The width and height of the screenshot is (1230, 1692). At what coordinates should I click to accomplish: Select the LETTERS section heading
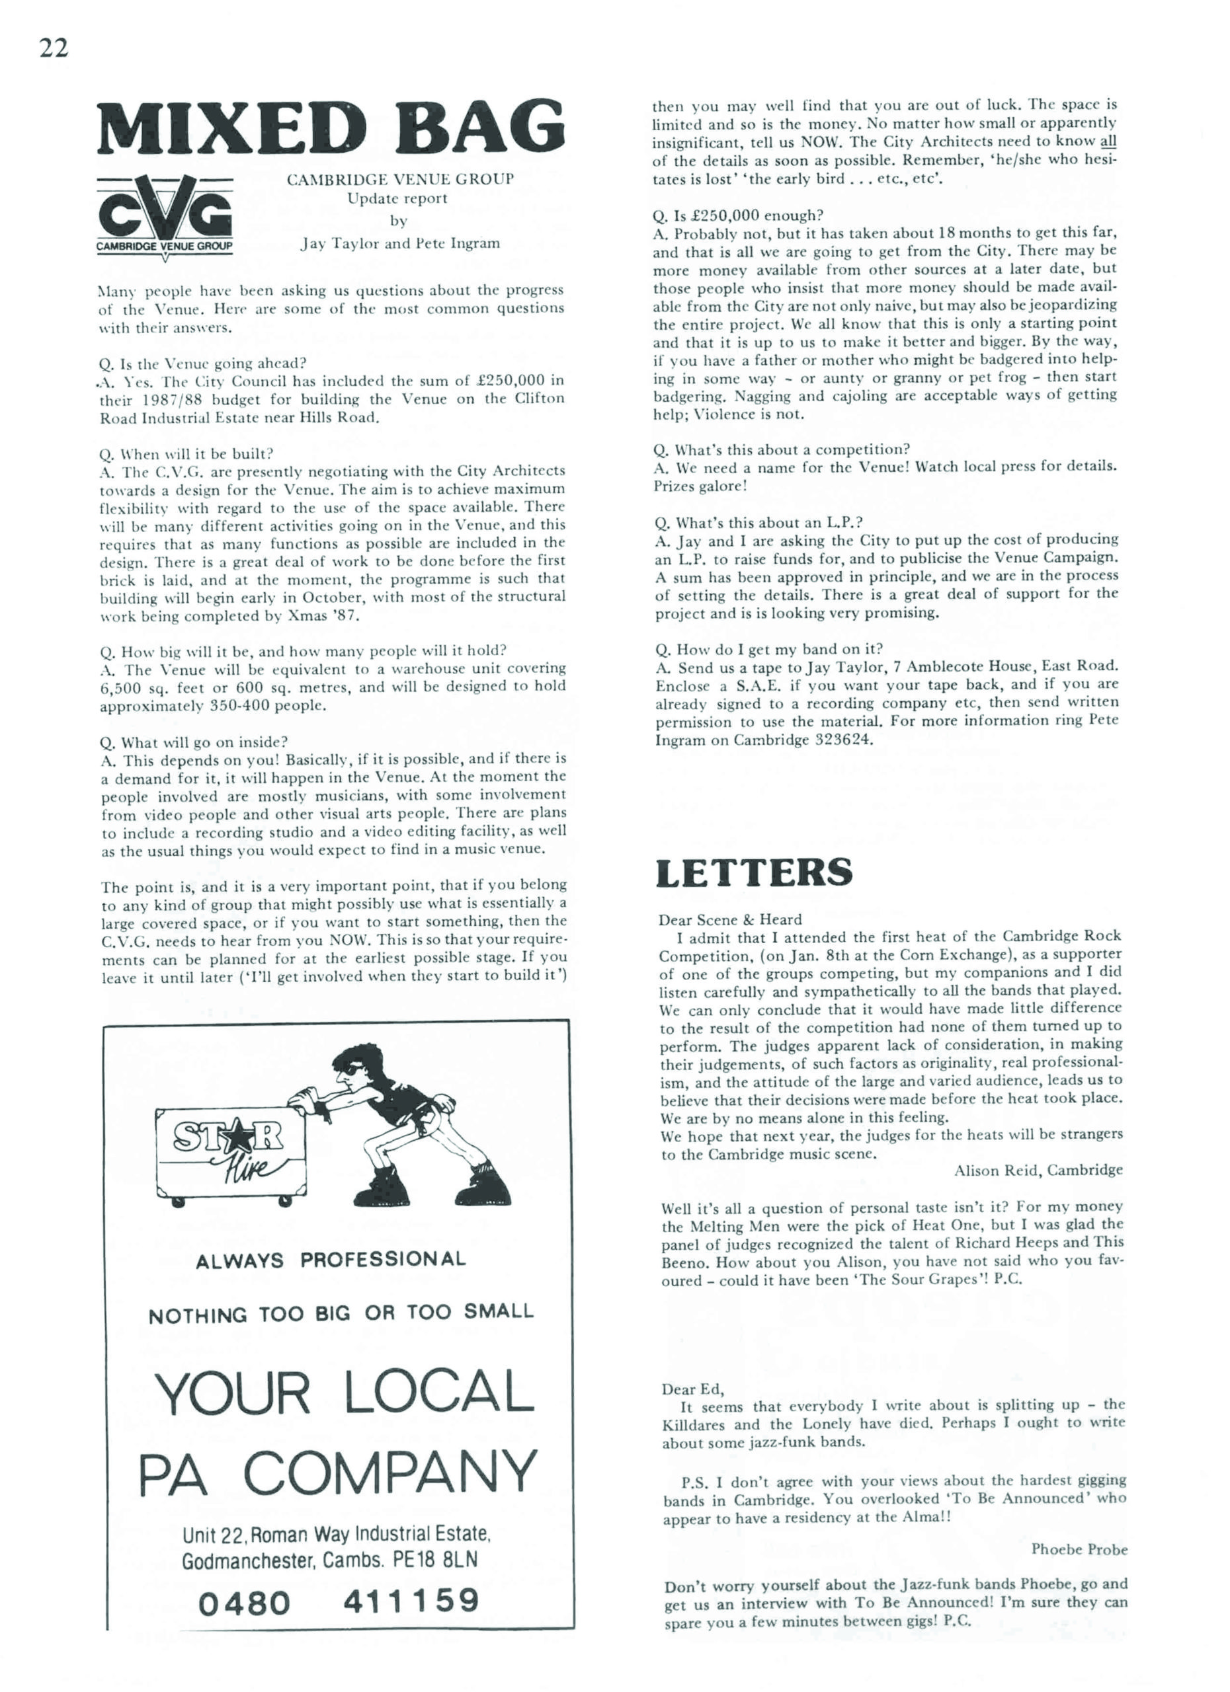click(x=754, y=872)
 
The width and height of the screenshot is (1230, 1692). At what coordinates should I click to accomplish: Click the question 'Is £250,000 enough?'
click(x=737, y=216)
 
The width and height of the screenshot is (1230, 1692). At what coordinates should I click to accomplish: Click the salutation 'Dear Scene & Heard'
click(x=730, y=920)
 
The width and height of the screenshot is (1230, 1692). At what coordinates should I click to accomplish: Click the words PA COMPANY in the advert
click(x=337, y=1473)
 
